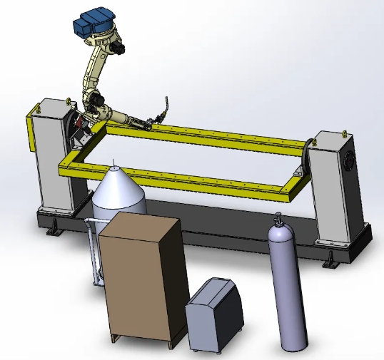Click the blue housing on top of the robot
[94, 21]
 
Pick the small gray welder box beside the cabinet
[213, 314]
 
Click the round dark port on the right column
[350, 158]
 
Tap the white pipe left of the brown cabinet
[91, 250]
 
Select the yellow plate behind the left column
[30, 132]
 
